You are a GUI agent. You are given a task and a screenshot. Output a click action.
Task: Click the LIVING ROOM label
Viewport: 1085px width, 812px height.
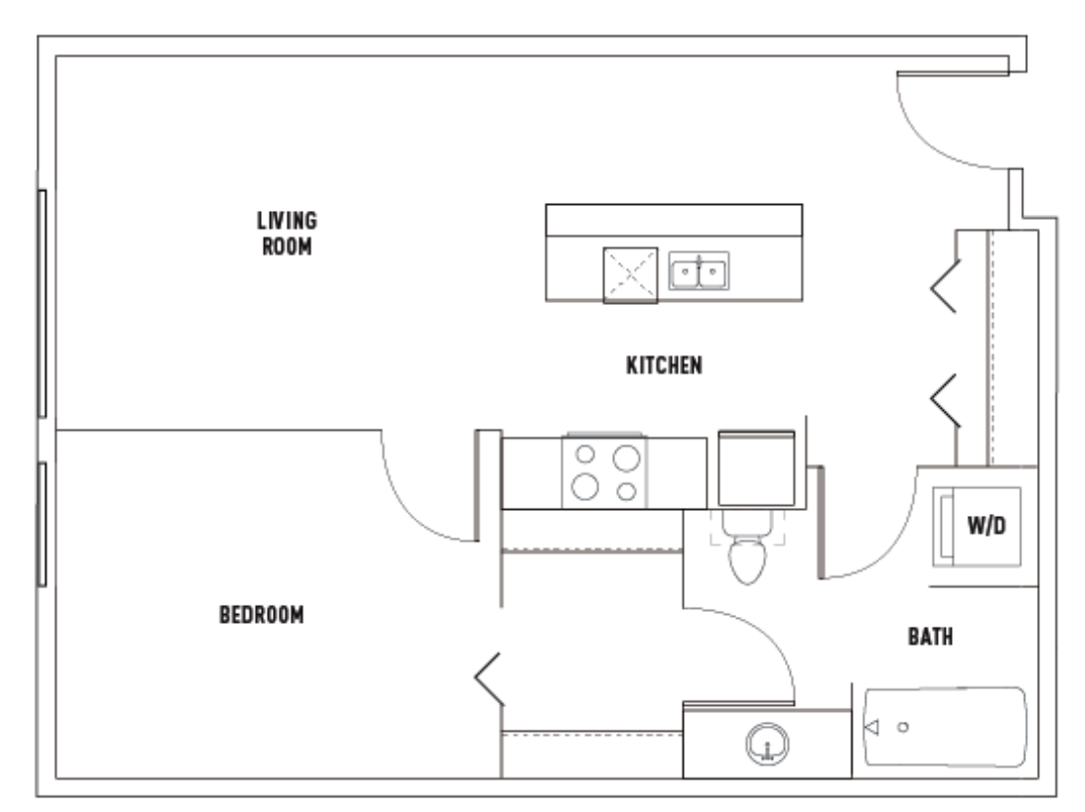[287, 233]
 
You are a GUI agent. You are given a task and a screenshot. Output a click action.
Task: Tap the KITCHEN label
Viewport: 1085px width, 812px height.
[664, 365]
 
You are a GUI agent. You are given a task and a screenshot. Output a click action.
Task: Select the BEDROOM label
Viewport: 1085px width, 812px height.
[262, 615]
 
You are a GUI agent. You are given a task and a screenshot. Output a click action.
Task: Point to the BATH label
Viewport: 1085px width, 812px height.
[930, 636]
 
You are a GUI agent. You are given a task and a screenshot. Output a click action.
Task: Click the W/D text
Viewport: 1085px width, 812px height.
[987, 526]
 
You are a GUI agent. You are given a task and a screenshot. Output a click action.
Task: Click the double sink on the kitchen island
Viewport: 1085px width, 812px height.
[698, 271]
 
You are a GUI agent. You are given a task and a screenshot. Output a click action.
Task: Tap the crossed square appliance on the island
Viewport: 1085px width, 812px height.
[631, 276]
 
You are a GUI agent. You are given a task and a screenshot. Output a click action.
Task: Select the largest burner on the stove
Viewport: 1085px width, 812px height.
[626, 459]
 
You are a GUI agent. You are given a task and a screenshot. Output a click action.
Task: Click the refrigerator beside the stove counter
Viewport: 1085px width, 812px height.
[756, 468]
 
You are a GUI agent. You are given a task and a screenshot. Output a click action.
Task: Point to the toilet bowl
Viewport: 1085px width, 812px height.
[748, 560]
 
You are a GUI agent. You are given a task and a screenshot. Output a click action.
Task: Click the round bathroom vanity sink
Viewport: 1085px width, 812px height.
[767, 743]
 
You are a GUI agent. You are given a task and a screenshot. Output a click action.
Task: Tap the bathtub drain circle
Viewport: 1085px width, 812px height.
[903, 727]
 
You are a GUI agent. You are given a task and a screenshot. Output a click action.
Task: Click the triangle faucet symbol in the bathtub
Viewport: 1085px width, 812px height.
[872, 727]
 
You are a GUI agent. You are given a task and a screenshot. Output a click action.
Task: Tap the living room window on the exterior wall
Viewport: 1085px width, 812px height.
[42, 303]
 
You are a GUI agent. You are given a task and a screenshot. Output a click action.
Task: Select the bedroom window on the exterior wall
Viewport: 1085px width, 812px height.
[42, 525]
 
